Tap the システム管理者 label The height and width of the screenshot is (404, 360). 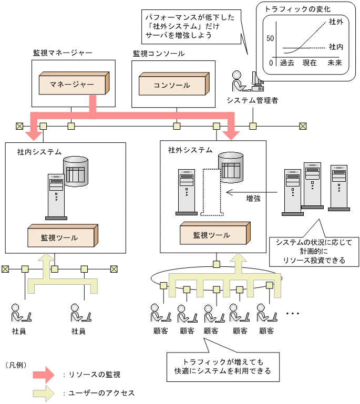point(253,100)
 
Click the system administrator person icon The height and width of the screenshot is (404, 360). point(239,80)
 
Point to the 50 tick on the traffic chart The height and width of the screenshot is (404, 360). point(271,38)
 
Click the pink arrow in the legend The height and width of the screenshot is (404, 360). point(44,375)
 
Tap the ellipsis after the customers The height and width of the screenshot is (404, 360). point(292,314)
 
